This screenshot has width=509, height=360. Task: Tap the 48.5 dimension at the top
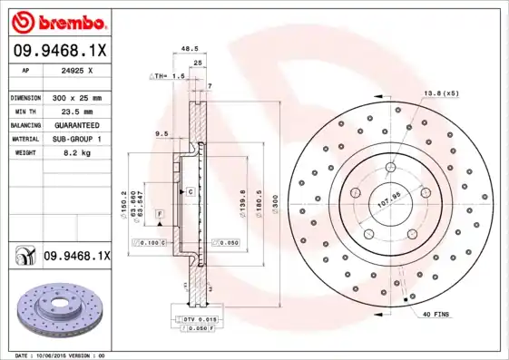[x=190, y=51]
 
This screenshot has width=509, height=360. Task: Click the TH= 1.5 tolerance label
[x=169, y=77]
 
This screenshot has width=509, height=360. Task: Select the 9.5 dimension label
[x=162, y=134]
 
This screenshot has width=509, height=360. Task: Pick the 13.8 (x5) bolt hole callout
[x=442, y=93]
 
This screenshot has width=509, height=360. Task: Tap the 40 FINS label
[x=436, y=314]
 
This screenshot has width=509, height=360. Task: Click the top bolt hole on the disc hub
[x=390, y=168]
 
